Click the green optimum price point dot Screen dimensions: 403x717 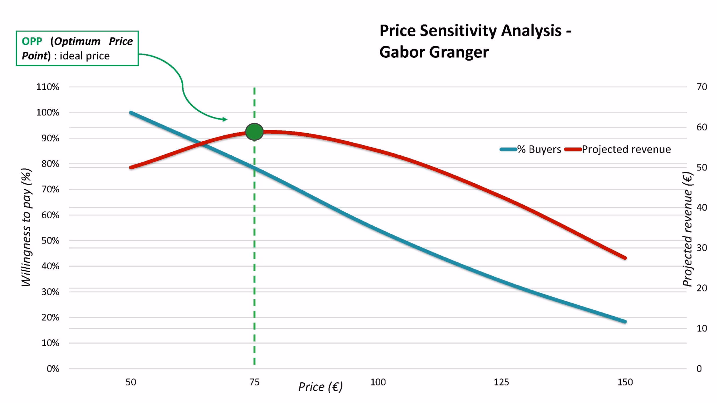[255, 132]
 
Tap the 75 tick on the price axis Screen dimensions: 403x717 [255, 382]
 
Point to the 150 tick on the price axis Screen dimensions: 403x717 [625, 382]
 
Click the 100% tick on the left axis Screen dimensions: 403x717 [48, 113]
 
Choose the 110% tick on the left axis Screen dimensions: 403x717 [48, 87]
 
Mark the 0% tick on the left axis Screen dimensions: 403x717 [53, 369]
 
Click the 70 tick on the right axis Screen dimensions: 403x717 [702, 87]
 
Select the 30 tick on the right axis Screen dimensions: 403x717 [702, 248]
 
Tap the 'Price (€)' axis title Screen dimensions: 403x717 [320, 387]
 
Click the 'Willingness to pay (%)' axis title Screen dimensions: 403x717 [26, 227]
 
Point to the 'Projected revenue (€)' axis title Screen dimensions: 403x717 [688, 229]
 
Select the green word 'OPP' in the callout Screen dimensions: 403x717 [32, 41]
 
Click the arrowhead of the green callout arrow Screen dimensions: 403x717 [225, 119]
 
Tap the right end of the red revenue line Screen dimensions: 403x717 [625, 258]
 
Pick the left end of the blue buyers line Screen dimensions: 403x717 [131, 113]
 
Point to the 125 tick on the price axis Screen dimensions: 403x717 [501, 382]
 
